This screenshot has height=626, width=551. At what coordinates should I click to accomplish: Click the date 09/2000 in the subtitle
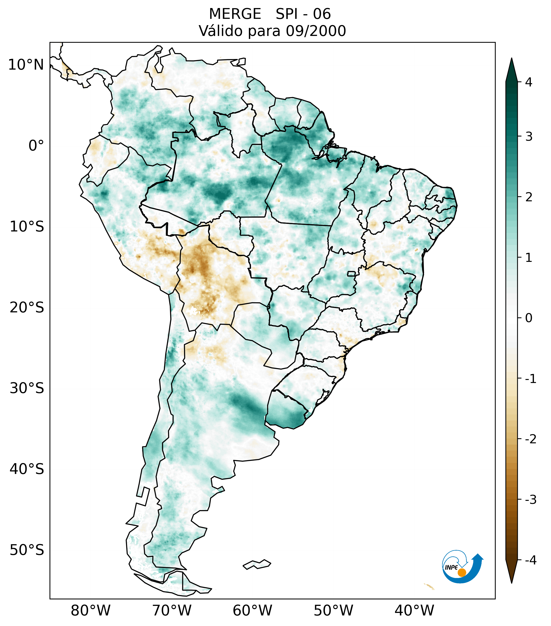pyautogui.click(x=316, y=31)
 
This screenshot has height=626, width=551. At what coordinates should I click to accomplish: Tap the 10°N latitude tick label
pyautogui.click(x=26, y=65)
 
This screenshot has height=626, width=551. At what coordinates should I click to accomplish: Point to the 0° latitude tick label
pyautogui.click(x=36, y=146)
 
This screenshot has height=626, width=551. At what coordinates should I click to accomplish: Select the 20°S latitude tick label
pyautogui.click(x=27, y=308)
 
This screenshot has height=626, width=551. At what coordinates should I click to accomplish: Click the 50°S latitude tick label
pyautogui.click(x=27, y=550)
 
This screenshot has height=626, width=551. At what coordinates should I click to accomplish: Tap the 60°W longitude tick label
pyautogui.click(x=252, y=611)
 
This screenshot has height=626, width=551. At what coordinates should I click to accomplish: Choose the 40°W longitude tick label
pyautogui.click(x=414, y=611)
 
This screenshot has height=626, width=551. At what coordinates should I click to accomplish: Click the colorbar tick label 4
pyautogui.click(x=529, y=82)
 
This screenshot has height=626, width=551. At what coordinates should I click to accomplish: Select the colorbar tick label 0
pyautogui.click(x=529, y=318)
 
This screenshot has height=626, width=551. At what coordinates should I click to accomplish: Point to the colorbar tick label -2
pyautogui.click(x=530, y=440)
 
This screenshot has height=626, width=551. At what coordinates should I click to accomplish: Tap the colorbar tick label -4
pyautogui.click(x=530, y=560)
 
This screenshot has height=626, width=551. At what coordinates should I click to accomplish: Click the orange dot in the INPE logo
pyautogui.click(x=462, y=573)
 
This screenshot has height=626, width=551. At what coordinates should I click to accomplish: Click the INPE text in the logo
pyautogui.click(x=451, y=567)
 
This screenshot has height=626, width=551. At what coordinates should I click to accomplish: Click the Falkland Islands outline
pyautogui.click(x=257, y=564)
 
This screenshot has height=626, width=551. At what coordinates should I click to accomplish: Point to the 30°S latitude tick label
pyautogui.click(x=27, y=388)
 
